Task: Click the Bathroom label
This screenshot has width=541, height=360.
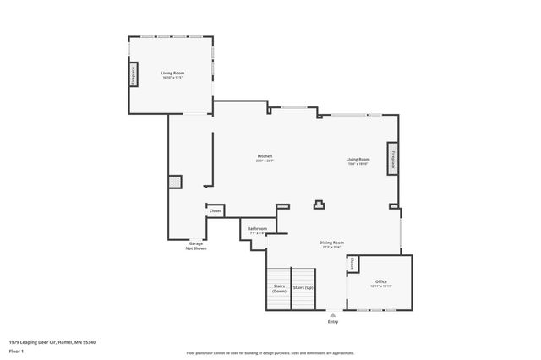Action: pos(257,230)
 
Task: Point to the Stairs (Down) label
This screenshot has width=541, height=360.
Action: pos(279,288)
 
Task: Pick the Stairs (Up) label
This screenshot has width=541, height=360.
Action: pos(303,288)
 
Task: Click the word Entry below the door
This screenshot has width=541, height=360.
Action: pos(332,322)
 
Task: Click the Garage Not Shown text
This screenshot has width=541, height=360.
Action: pos(196,246)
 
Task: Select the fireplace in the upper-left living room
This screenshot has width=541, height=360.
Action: pos(133,74)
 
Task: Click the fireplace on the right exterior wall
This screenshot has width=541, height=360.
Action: pos(393,161)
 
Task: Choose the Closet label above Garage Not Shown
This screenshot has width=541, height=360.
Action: pos(216,210)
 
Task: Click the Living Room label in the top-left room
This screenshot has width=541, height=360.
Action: pos(173,74)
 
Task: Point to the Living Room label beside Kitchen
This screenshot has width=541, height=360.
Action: pos(358,161)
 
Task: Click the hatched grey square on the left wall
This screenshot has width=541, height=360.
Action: pos(174,181)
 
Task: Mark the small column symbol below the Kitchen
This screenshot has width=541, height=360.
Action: pos(320,203)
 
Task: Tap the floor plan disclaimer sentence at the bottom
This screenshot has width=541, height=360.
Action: pos(270,353)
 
